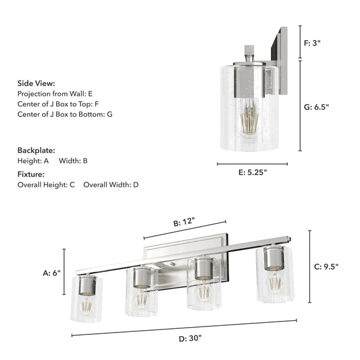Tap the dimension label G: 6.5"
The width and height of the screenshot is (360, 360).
[317, 107]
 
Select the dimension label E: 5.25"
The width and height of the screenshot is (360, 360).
[252, 173]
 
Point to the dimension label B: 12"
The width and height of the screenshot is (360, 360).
[184, 223]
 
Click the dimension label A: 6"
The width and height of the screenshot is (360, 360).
[52, 273]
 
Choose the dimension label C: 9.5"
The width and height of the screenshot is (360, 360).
[326, 266]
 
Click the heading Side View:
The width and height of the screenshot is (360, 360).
[36, 83]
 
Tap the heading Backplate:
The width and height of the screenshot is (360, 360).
[36, 150]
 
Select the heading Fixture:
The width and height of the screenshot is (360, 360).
[31, 174]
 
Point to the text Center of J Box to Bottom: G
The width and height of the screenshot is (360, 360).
[65, 114]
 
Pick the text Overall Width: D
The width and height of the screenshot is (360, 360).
[111, 184]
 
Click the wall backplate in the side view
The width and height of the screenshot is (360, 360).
[283, 61]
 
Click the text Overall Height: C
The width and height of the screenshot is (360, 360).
[46, 184]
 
